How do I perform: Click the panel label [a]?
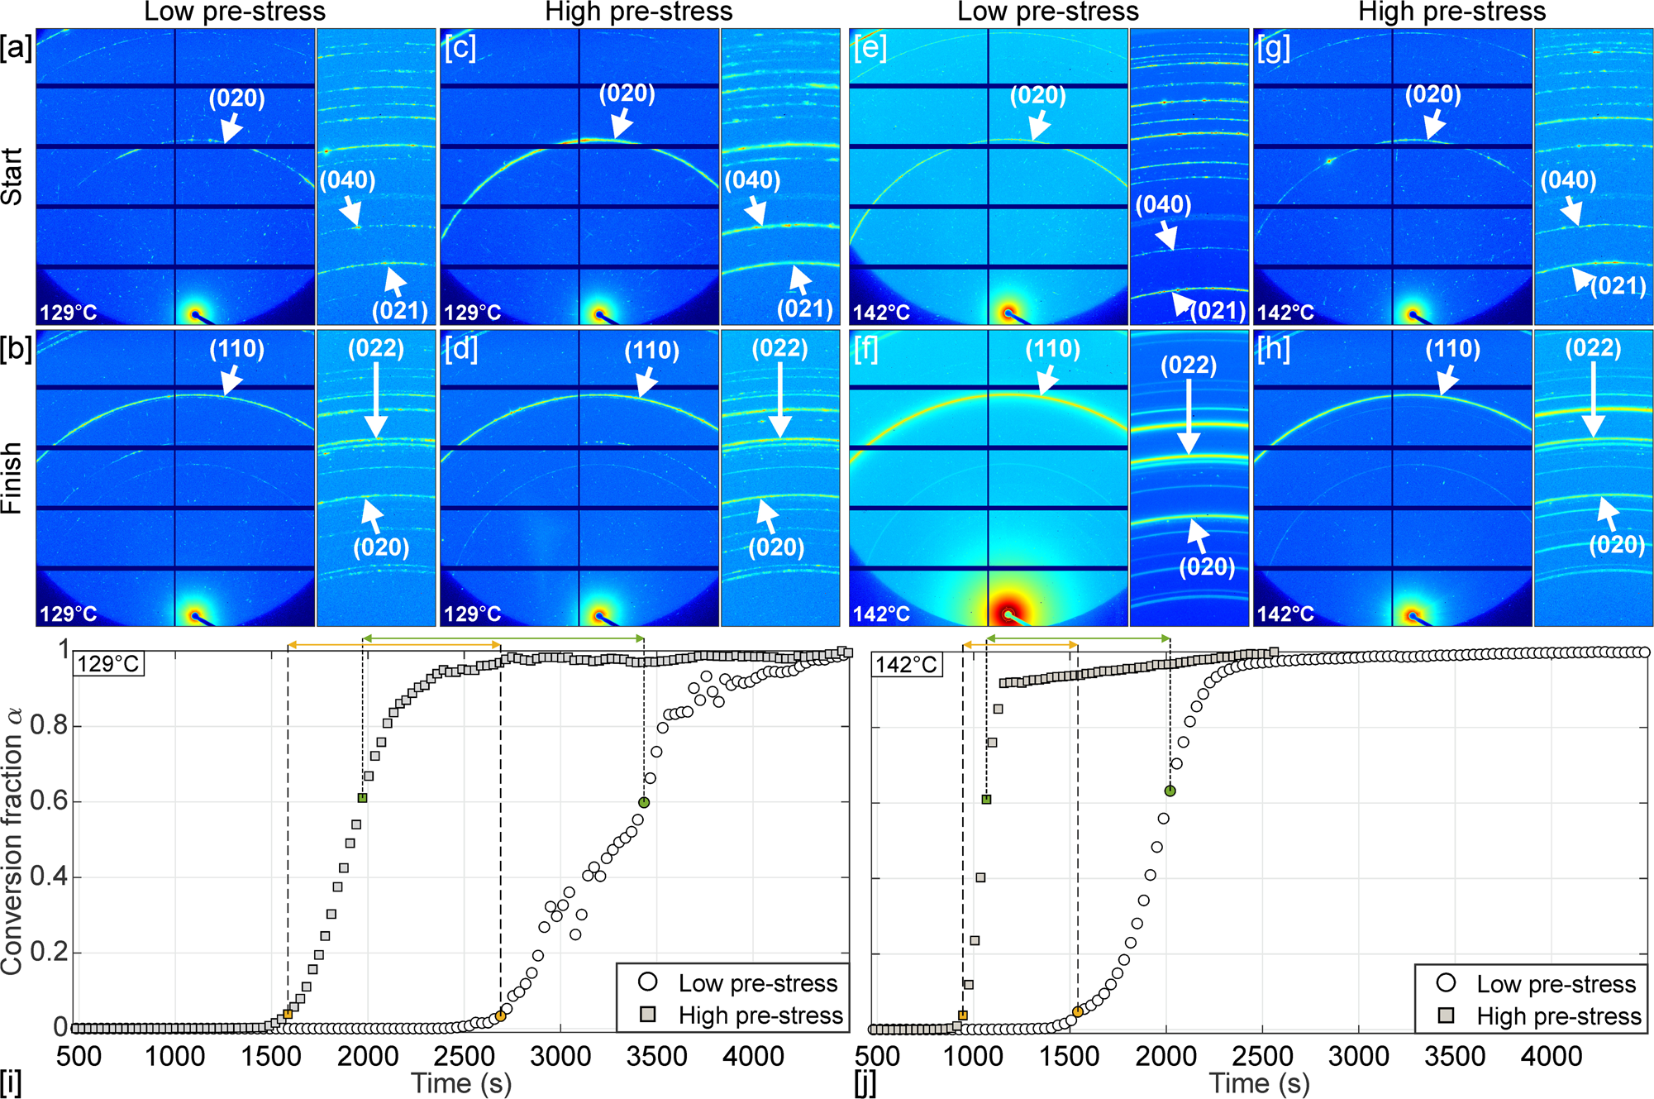[17, 48]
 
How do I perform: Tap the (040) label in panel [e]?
[1163, 204]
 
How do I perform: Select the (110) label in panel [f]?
[1052, 349]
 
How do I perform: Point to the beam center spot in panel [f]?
[1008, 614]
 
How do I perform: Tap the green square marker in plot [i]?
[362, 798]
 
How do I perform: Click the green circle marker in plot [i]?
[644, 802]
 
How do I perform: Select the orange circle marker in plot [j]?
[1077, 1012]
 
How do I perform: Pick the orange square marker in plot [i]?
[288, 1014]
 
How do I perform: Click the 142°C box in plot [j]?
[906, 665]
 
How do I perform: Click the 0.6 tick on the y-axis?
[48, 802]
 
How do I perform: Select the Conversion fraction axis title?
[13, 840]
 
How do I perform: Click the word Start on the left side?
[12, 177]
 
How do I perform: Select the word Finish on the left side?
[12, 478]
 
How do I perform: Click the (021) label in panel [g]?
[1618, 286]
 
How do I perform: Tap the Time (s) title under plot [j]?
[1259, 1083]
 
